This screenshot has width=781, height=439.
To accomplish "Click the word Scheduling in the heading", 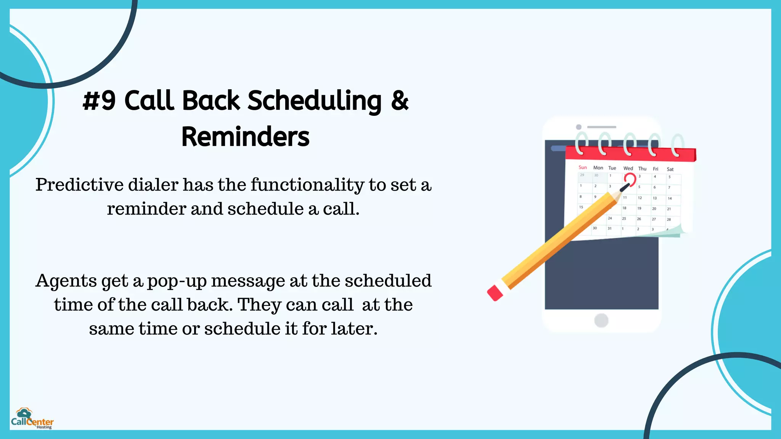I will coord(314,101).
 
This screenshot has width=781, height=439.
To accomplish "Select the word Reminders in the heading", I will coord(245,136).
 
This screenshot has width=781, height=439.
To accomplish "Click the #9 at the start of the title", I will coord(99,101).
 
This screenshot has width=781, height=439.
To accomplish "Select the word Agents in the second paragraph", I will coord(66,281).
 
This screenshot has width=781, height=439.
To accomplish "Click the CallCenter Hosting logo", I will coord(32,418).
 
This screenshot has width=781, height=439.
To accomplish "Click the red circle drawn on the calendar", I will coord(630,179).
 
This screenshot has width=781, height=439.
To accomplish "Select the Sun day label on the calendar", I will coord(582,167).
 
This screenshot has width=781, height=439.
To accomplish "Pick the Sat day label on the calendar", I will coord(670,169).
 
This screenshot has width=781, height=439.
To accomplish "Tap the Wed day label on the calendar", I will coord(628,168).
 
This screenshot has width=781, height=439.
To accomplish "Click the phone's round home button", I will coord(601,320).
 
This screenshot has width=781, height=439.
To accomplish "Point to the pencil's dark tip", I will coord(625,187).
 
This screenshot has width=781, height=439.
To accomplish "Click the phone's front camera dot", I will coord(579,127).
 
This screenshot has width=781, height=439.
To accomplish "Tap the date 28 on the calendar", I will coord(669,219).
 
